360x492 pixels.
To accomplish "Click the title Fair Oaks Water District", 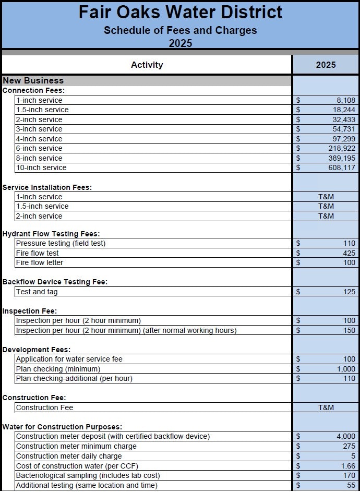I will point(181,12).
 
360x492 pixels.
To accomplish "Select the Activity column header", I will point(147,65).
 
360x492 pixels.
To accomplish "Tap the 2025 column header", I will point(326,65).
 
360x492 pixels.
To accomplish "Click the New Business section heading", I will point(33,80).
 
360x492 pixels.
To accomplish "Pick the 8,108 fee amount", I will point(345,100).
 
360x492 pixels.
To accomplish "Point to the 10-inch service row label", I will point(41,167).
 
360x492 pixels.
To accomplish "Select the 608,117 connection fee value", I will point(342,167).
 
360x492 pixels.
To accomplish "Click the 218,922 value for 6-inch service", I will point(342,148).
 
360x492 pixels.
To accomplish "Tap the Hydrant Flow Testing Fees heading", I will point(51,234).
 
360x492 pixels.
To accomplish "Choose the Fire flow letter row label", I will point(40,262).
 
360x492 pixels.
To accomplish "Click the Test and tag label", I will point(38,292).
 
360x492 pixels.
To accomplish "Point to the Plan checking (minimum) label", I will point(58,369).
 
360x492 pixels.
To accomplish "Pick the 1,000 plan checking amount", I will point(345,369).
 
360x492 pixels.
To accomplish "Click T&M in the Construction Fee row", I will point(326,407).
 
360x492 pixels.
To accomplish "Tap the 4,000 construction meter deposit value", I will point(345,436).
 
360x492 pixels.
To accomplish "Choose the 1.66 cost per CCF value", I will point(347,466).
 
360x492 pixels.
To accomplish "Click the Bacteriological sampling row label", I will point(88,475).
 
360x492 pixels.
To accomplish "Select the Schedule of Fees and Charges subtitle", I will point(181,30).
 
